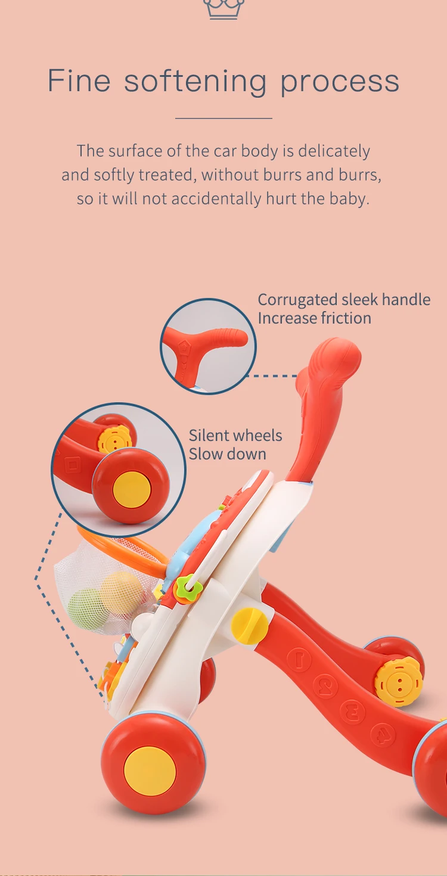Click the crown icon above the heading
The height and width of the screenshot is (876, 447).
[223, 8]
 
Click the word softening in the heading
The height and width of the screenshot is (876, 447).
[195, 81]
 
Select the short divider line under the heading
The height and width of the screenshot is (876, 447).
[223, 118]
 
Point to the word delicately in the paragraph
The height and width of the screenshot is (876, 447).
[334, 151]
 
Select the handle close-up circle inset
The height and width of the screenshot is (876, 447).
[208, 346]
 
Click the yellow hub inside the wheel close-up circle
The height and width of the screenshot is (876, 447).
[131, 489]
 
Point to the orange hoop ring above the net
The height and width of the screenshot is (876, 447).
[119, 540]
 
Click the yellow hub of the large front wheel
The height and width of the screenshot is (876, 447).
[150, 771]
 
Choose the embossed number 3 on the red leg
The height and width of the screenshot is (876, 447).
[352, 711]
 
